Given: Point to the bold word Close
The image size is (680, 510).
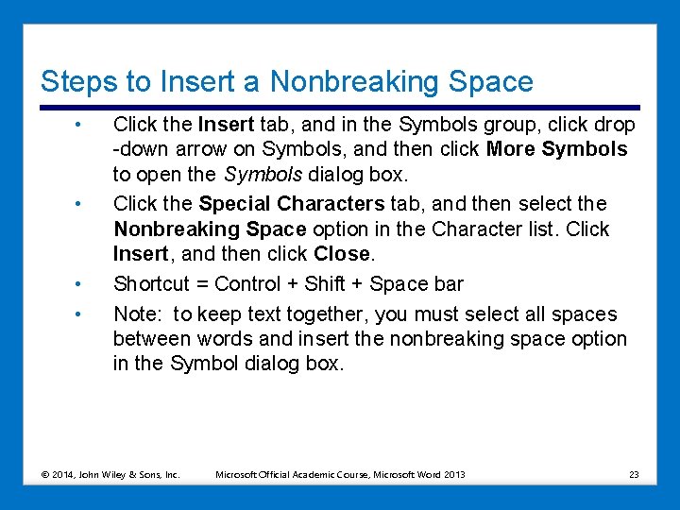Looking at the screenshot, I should tap(343, 253).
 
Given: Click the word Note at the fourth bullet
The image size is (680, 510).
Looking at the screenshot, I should tap(135, 314).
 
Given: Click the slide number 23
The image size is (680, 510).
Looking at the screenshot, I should tap(634, 474).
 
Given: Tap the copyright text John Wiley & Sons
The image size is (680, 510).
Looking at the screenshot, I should tap(135, 474).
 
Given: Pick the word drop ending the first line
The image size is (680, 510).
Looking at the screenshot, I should tap(617, 125).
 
